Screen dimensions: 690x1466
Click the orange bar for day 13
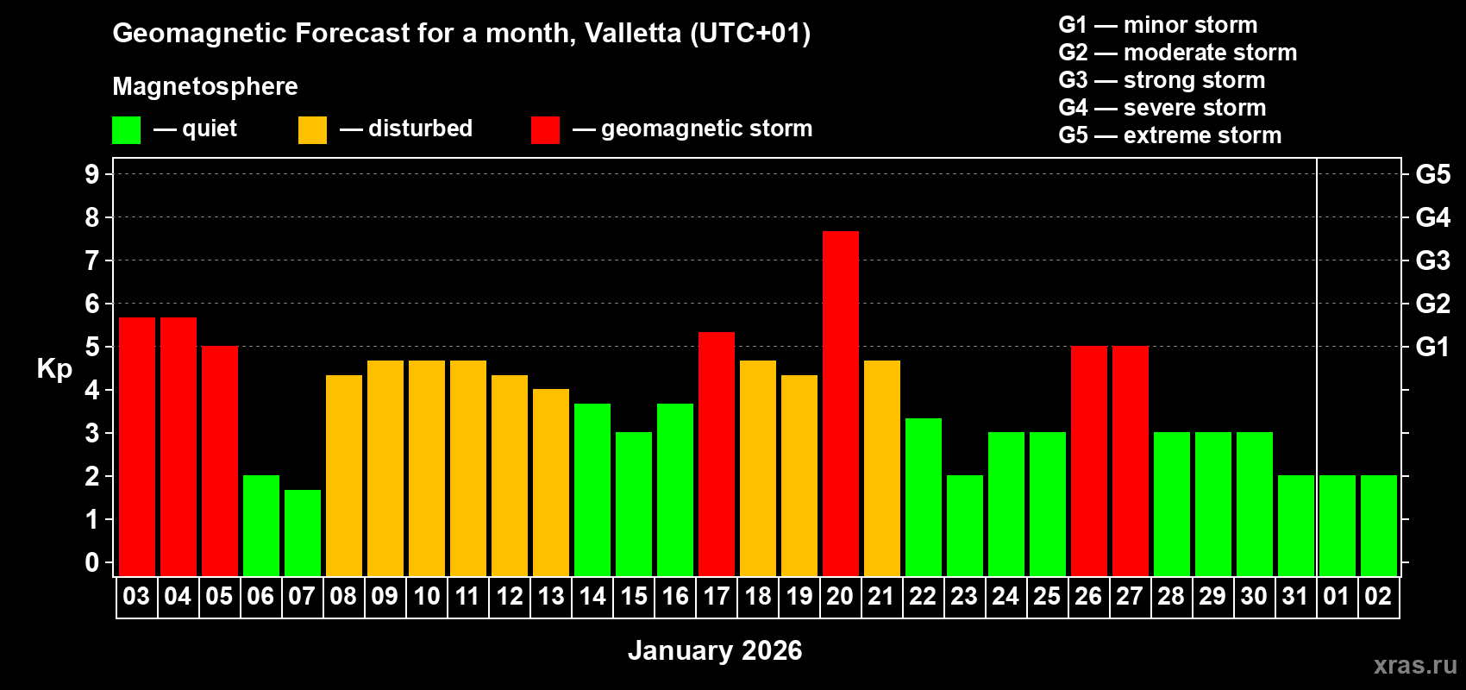550,482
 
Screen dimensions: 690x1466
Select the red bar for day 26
1088,461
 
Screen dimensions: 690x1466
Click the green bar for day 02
1378,525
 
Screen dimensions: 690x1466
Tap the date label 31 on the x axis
1295,596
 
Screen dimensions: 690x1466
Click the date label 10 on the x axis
426,596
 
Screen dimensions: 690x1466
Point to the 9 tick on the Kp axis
92,174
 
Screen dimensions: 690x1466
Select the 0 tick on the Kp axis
92,562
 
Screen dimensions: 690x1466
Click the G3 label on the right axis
1432,260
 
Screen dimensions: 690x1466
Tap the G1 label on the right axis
1432,347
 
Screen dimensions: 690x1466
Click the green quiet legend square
126,130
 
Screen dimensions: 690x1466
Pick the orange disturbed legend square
312,130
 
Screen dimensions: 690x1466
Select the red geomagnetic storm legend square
545,130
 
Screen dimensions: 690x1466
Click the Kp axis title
54,368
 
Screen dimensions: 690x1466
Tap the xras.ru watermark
1415,664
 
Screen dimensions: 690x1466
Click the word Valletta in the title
632,34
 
